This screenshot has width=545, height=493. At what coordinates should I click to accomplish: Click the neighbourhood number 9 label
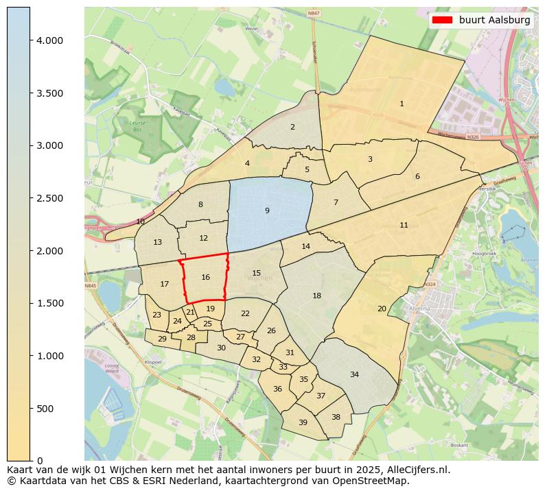(267, 211)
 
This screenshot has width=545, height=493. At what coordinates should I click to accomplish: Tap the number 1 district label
(402, 104)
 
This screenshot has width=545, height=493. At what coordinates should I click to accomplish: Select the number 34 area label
(354, 374)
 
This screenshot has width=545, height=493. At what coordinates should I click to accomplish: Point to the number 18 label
(316, 296)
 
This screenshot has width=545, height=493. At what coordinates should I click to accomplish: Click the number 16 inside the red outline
(205, 277)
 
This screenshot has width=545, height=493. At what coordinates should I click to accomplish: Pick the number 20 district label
(382, 309)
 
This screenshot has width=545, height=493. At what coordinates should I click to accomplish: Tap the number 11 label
(404, 225)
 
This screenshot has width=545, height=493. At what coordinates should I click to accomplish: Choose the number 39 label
(303, 422)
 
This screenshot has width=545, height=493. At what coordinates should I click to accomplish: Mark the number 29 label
(162, 339)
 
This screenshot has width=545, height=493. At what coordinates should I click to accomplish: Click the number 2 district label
(292, 127)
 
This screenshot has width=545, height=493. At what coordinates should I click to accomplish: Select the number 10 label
(141, 221)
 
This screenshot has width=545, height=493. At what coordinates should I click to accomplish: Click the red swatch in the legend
(443, 21)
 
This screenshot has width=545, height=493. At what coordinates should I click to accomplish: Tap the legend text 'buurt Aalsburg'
(494, 21)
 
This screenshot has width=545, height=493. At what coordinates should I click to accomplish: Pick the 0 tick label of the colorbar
(40, 461)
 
